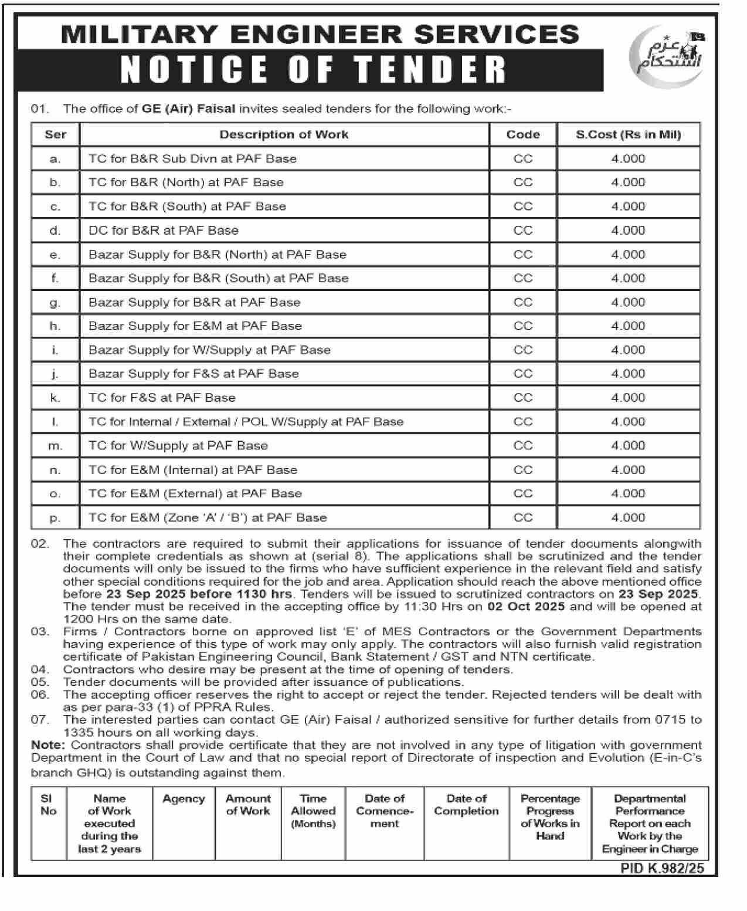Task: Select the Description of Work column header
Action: click(x=284, y=134)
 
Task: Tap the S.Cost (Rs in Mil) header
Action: click(x=628, y=134)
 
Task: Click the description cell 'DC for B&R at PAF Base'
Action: click(x=164, y=231)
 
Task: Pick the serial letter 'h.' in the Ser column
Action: click(x=55, y=326)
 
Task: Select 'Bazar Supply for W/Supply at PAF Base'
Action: click(x=209, y=350)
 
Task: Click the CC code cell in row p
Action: click(x=522, y=518)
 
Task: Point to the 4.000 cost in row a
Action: click(x=628, y=159)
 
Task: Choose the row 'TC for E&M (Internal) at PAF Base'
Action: click(x=193, y=470)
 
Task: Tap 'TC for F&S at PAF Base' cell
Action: click(x=162, y=398)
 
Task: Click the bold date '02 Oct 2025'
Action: click(x=526, y=607)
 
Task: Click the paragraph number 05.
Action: click(x=40, y=682)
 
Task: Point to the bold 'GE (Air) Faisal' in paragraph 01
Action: click(x=188, y=109)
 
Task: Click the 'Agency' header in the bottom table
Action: click(x=184, y=799)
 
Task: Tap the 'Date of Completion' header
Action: click(x=466, y=805)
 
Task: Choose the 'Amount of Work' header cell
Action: click(x=248, y=805)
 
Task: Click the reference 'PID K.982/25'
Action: click(x=662, y=868)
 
